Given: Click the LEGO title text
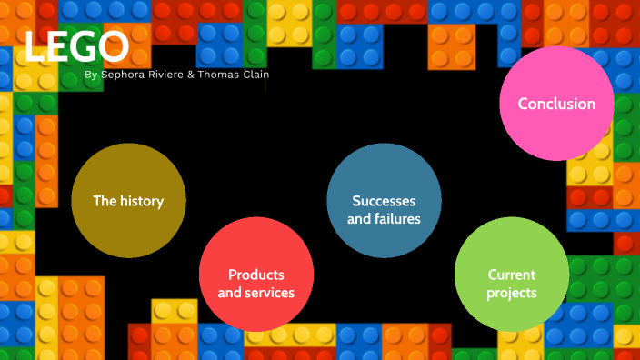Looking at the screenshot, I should tap(76, 46).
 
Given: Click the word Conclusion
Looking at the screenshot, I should tap(556, 104).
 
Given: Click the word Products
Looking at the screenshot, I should tap(256, 275).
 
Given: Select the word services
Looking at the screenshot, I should tap(269, 293).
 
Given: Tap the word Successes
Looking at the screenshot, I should tap(384, 201).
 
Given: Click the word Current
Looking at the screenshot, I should tap(511, 275).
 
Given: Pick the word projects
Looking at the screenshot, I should tap(511, 293).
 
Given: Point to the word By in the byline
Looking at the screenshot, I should tap(90, 75).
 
